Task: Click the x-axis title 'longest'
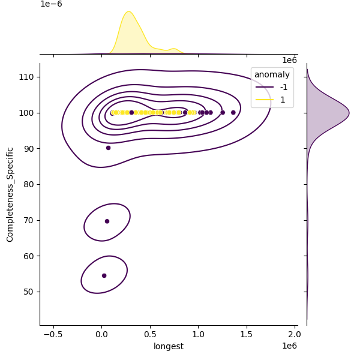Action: [x=169, y=346]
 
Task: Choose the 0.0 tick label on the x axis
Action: [x=101, y=334]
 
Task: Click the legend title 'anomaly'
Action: [x=272, y=74]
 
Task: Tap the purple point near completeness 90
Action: [x=108, y=148]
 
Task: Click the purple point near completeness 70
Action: [x=107, y=221]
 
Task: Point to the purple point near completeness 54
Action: [x=104, y=275]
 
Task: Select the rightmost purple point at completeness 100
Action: [x=233, y=112]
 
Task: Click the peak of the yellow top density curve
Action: [x=128, y=11]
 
